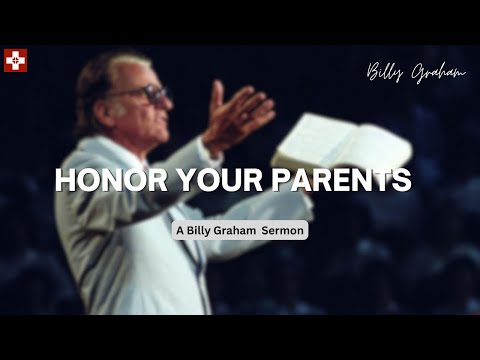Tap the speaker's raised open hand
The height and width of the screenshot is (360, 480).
(237, 110)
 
